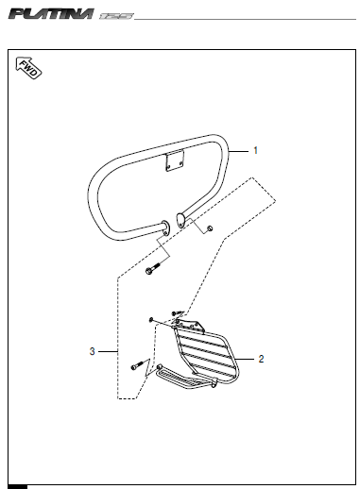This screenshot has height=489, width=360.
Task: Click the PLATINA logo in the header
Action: [x=51, y=14]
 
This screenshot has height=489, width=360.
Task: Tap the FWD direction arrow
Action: [x=28, y=68]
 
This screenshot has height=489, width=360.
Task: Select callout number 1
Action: [x=256, y=151]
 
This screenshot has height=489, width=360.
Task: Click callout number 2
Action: [x=261, y=359]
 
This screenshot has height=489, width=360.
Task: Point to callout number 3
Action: [x=92, y=351]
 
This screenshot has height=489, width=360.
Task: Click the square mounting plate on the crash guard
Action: [x=175, y=160]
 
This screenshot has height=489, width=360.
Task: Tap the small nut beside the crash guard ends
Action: [x=210, y=228]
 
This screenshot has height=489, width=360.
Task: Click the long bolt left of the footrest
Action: [x=137, y=365]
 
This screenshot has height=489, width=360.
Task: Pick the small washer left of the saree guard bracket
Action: [x=151, y=320]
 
